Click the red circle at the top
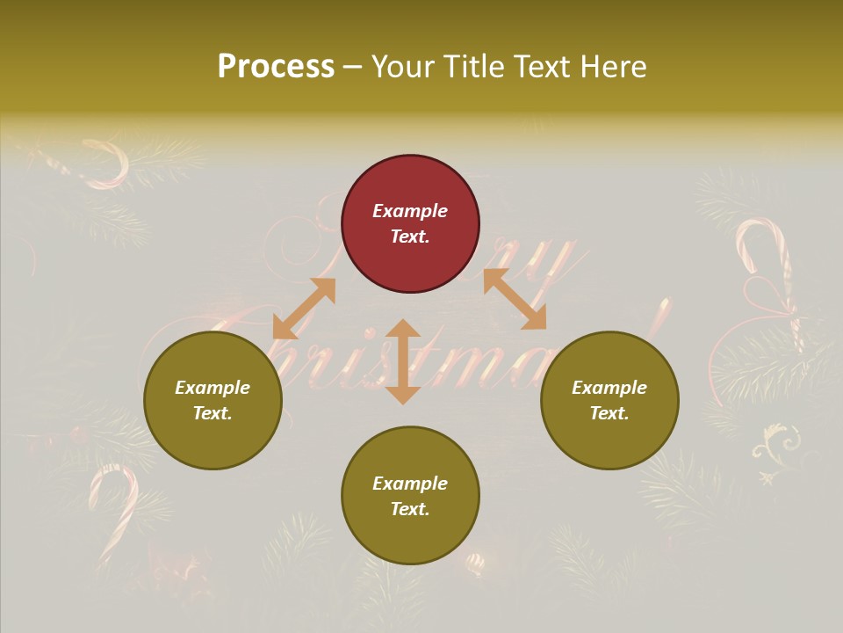[x=410, y=224]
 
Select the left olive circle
[x=213, y=401]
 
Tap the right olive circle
[x=609, y=401]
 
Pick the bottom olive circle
[x=410, y=496]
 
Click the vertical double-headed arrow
[x=403, y=361]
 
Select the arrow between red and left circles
[x=304, y=309]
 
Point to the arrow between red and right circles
[x=515, y=299]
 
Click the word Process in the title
[x=276, y=67]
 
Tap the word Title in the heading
[x=472, y=67]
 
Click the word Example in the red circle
[x=410, y=211]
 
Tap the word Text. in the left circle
[x=213, y=413]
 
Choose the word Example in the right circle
[x=609, y=388]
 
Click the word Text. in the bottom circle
[x=410, y=509]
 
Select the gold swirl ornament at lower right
[x=777, y=448]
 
